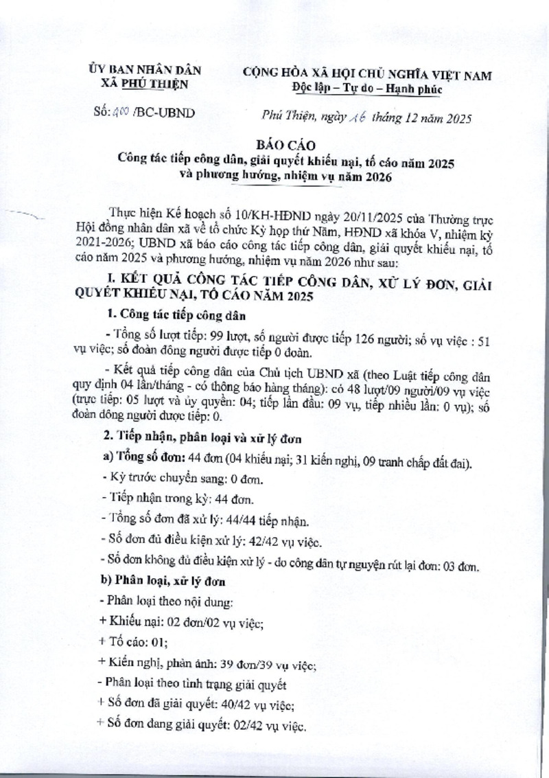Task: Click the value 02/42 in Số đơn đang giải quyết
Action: pos(237,726)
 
